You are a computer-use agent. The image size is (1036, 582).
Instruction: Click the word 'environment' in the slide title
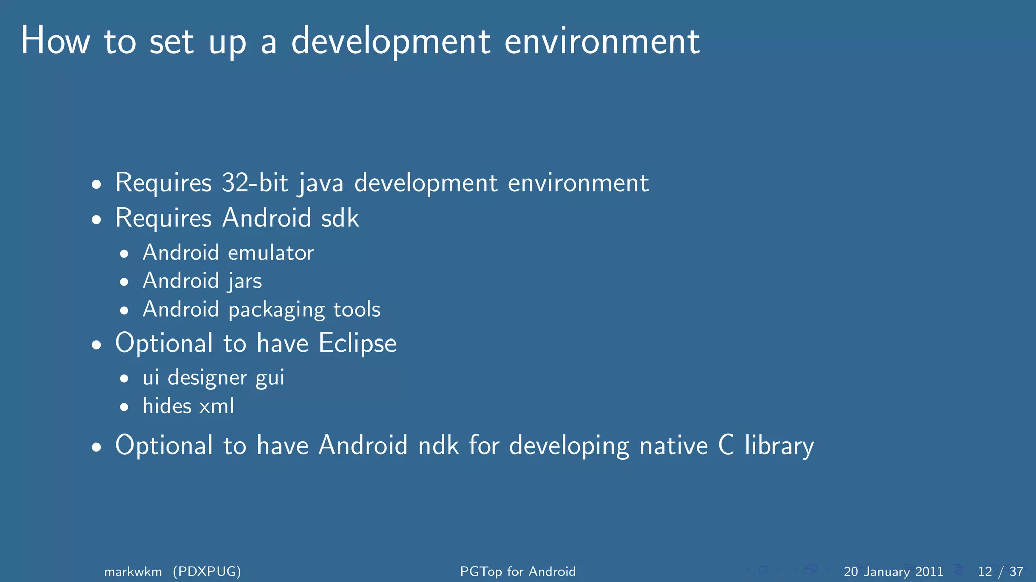pyautogui.click(x=602, y=41)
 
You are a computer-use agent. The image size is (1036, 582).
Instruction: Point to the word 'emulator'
pyautogui.click(x=271, y=253)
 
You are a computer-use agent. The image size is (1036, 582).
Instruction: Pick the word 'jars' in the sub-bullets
pyautogui.click(x=245, y=281)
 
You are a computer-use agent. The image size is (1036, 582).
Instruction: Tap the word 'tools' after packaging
pyautogui.click(x=357, y=309)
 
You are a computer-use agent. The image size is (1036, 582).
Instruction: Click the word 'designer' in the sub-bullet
pyautogui.click(x=207, y=378)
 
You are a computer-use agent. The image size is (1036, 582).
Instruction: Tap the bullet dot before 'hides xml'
pyautogui.click(x=124, y=407)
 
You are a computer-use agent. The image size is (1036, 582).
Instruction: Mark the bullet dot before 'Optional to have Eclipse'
pyautogui.click(x=97, y=346)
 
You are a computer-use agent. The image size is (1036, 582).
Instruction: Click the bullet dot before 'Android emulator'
pyautogui.click(x=124, y=254)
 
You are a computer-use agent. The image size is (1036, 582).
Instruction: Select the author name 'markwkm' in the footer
pyautogui.click(x=133, y=572)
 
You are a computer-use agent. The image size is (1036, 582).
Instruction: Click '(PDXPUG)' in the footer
pyautogui.click(x=206, y=572)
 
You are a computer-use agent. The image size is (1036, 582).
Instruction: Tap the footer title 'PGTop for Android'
pyautogui.click(x=517, y=572)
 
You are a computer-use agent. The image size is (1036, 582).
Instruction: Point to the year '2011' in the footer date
pyautogui.click(x=929, y=572)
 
